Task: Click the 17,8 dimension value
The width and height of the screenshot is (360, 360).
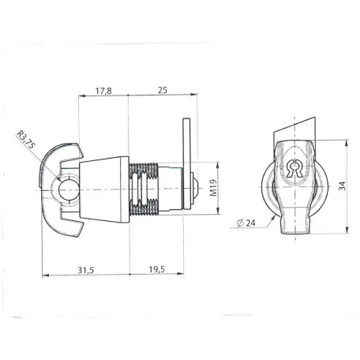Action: point(103,91)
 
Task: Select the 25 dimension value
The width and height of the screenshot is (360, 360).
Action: point(163,90)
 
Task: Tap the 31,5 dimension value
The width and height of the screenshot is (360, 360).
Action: point(86,270)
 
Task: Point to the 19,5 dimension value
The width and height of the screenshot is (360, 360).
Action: point(157,269)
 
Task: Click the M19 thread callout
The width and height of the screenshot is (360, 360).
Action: point(213,188)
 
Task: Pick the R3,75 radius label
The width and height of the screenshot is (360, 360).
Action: point(25,140)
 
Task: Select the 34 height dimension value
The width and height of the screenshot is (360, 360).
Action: point(342,186)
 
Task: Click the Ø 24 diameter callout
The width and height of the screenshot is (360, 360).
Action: point(246,223)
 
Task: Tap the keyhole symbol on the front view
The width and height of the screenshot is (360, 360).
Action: point(294,168)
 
